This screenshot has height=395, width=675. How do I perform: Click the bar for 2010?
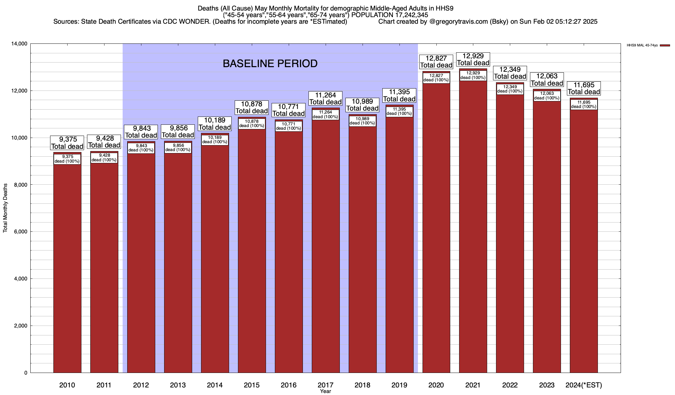pyautogui.click(x=67, y=263)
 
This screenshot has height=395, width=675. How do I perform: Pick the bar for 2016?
pyautogui.click(x=289, y=250)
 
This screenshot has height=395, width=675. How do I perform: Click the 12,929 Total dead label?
pyautogui.click(x=473, y=60)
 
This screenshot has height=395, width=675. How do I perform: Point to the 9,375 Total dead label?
pyautogui.click(x=67, y=143)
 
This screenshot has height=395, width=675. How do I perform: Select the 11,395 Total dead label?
pyautogui.click(x=399, y=96)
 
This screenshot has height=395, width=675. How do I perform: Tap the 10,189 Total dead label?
pyautogui.click(x=215, y=124)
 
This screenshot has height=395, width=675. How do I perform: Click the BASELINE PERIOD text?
pyautogui.click(x=270, y=64)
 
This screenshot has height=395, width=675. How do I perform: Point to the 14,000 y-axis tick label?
pyautogui.click(x=19, y=44)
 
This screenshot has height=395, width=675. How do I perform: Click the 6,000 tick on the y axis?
pyautogui.click(x=21, y=232)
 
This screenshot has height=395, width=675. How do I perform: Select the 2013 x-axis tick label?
pyautogui.click(x=178, y=385)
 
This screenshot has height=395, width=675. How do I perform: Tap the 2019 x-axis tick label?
pyautogui.click(x=399, y=385)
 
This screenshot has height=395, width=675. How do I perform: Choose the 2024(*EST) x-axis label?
pyautogui.click(x=584, y=385)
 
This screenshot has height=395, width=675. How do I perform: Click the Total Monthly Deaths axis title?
pyautogui.click(x=5, y=208)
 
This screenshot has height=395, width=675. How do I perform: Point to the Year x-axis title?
pyautogui.click(x=325, y=391)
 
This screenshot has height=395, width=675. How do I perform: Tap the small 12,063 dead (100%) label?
pyautogui.click(x=547, y=96)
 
